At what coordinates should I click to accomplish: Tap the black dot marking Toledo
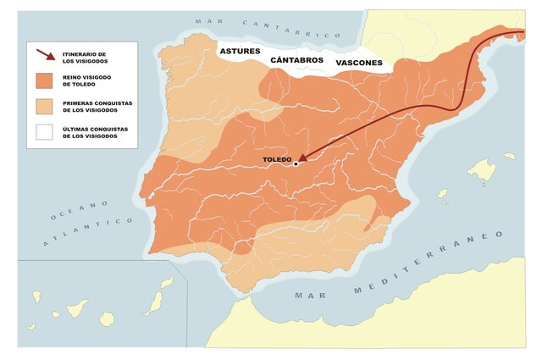296,164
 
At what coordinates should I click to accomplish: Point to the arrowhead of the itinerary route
302,158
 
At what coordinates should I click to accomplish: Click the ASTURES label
241,52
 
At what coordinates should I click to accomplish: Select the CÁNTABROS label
297,61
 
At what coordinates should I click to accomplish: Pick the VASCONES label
359,63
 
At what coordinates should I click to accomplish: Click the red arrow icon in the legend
46,57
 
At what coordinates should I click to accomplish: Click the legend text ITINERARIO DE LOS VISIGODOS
88,57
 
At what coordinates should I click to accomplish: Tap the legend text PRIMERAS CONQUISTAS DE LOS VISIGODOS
93,107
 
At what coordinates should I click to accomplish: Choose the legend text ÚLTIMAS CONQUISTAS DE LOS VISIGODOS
91,133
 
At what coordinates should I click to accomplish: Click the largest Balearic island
481,171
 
